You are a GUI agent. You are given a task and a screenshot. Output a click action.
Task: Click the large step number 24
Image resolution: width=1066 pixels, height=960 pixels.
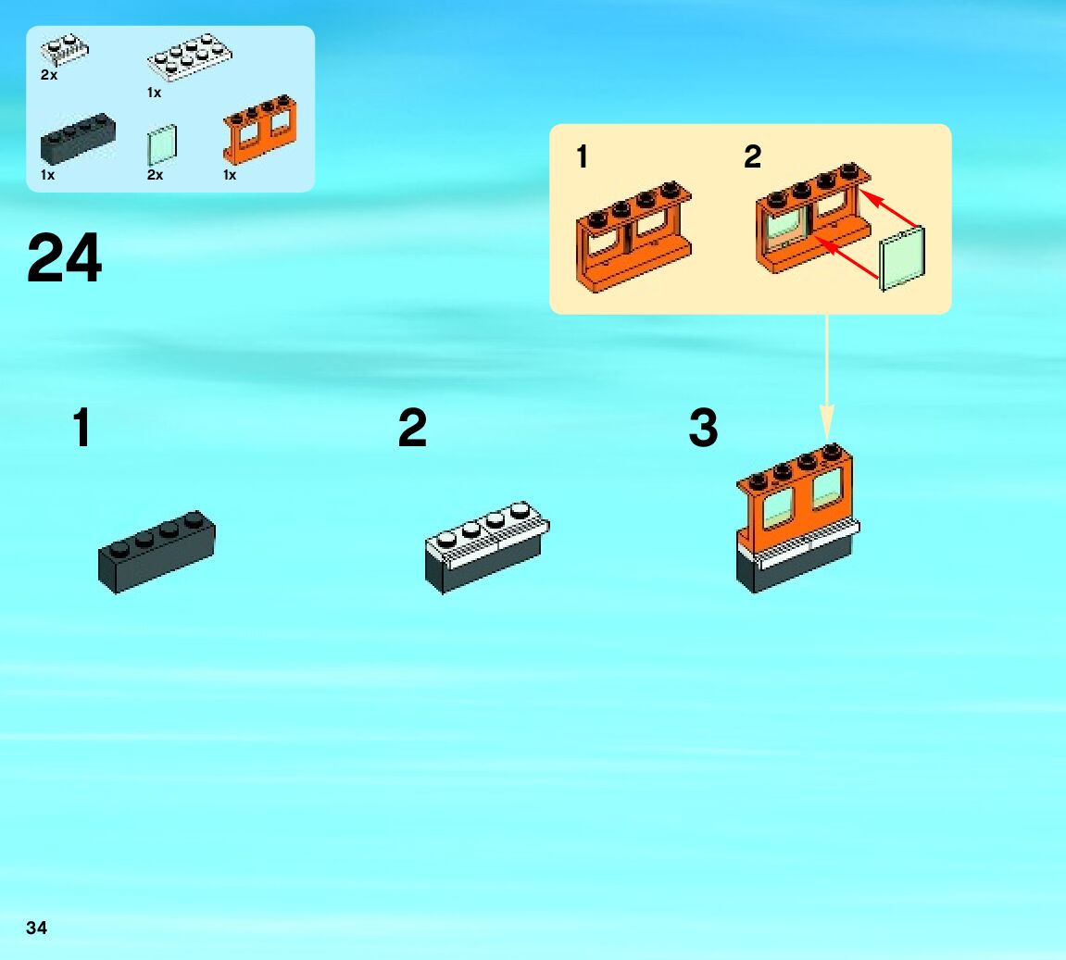tap(64, 258)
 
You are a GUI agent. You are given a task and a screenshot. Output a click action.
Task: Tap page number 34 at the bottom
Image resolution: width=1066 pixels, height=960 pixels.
tap(36, 928)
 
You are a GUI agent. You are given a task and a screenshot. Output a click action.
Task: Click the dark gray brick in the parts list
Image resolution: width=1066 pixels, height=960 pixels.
tap(78, 138)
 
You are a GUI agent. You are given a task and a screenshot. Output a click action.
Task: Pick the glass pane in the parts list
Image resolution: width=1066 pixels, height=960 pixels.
tap(161, 144)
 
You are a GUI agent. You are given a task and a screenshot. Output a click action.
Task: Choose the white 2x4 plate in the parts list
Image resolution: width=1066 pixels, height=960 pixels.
tap(189, 58)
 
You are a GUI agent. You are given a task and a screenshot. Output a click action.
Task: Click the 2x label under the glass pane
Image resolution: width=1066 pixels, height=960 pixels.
tap(155, 175)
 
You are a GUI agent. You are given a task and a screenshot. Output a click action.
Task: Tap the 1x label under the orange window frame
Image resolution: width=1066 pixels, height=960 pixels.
tap(230, 175)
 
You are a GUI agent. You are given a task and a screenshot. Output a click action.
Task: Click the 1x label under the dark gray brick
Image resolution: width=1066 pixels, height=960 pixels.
tap(47, 175)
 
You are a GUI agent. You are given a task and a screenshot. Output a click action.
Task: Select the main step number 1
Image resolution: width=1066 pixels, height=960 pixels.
tap(82, 429)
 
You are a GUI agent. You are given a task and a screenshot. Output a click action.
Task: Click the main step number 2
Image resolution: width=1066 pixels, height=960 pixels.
tap(412, 429)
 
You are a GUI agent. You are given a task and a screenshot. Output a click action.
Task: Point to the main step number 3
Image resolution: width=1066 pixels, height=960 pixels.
tap(703, 429)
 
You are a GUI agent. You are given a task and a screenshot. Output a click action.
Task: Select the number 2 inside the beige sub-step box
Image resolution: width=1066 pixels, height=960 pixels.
tap(752, 156)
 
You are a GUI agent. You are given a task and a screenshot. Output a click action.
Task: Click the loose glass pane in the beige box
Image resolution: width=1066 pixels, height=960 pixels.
tap(901, 261)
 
